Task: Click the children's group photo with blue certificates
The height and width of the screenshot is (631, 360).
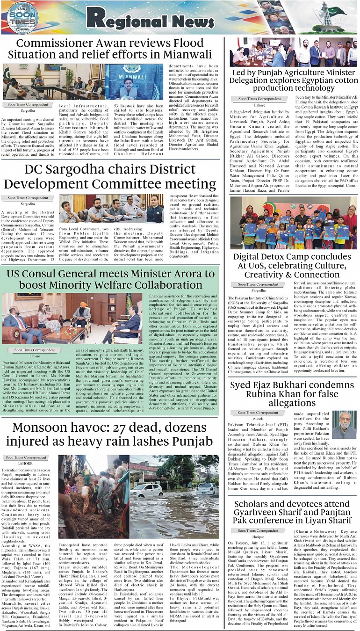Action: click(x=294, y=223)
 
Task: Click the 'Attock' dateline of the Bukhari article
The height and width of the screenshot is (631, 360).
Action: click(x=259, y=419)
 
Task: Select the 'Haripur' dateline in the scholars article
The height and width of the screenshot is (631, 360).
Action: click(x=259, y=537)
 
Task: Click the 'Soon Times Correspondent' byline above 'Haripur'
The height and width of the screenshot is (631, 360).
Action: click(x=259, y=531)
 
